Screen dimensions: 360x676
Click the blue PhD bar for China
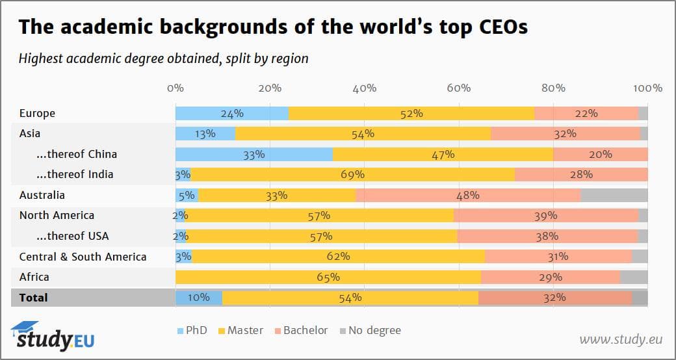coord(253,155)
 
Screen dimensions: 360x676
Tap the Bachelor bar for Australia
coord(467,195)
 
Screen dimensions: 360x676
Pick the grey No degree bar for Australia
coord(614,195)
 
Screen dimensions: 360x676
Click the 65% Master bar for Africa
coord(328,277)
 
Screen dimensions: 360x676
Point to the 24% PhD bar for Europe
coord(231,113)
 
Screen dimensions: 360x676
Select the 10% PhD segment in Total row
coord(198,298)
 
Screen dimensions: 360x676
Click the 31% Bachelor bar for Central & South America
coord(558,257)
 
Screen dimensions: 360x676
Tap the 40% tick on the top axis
coord(364,88)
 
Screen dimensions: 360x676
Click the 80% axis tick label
coord(553,88)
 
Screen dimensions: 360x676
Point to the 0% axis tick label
coord(175,88)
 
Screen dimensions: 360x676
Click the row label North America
coord(57,216)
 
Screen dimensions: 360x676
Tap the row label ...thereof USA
coord(72,236)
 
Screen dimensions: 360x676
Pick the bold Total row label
coord(34,298)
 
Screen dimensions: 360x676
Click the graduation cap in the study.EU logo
coord(25,328)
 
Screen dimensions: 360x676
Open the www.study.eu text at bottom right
coord(620,339)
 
